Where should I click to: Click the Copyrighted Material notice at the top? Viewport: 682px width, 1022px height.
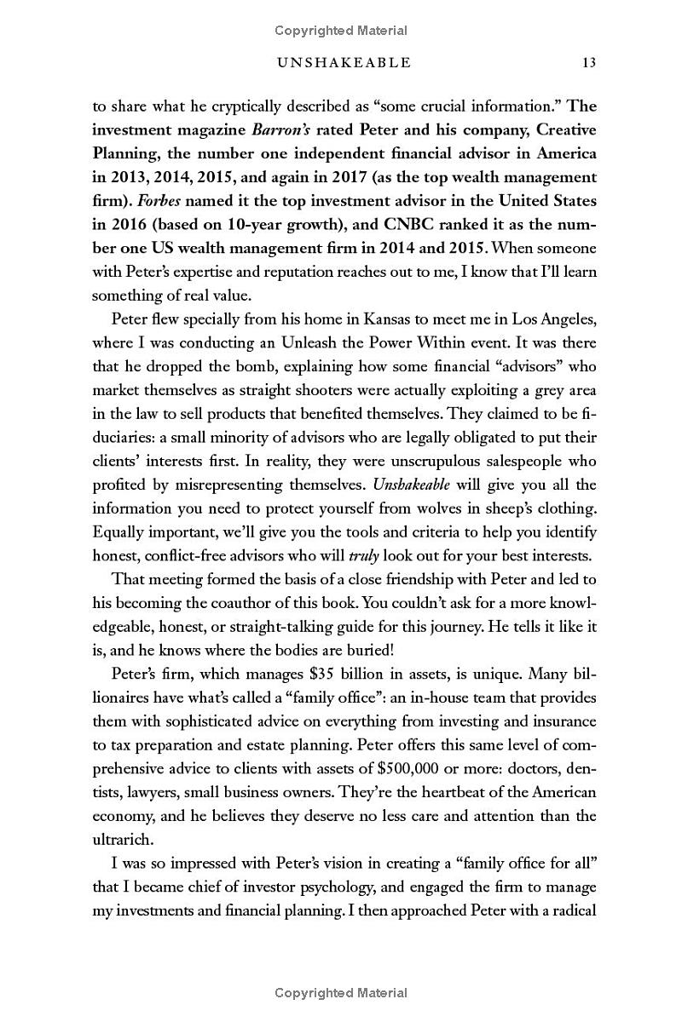(341, 31)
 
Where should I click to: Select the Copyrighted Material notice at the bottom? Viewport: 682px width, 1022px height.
(341, 992)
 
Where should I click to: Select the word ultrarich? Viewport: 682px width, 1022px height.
(122, 839)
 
